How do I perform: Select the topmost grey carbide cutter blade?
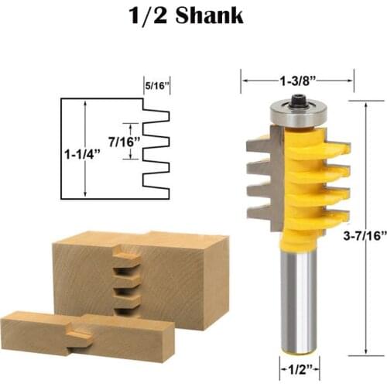click(x=262, y=143)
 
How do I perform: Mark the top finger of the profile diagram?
click(x=157, y=116)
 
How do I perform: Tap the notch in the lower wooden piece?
click(x=77, y=334)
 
